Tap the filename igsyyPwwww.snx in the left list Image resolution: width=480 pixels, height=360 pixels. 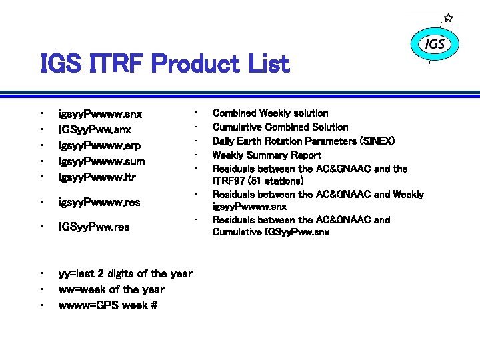click(x=100, y=114)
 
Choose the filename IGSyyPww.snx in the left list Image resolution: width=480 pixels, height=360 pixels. click(x=95, y=130)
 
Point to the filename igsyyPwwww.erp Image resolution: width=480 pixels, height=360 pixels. click(x=100, y=146)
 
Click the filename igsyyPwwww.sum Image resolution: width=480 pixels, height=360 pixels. click(x=102, y=161)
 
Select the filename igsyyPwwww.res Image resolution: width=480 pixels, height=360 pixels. click(x=99, y=202)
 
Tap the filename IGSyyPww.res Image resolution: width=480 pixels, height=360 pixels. click(x=94, y=227)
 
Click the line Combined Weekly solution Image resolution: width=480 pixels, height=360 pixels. click(x=270, y=113)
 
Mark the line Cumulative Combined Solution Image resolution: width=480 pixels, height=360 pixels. click(x=280, y=127)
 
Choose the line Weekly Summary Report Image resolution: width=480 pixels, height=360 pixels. click(x=266, y=155)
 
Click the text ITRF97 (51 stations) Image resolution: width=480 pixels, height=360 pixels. click(x=258, y=181)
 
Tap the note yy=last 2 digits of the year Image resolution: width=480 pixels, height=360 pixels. click(x=125, y=273)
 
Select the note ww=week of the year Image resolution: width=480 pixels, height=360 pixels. click(x=111, y=289)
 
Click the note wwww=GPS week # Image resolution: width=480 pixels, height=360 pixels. click(x=107, y=306)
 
